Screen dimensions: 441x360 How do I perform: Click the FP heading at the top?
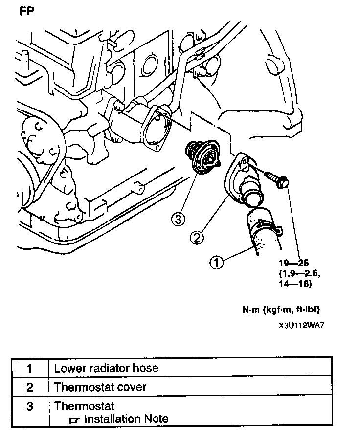coord(27,12)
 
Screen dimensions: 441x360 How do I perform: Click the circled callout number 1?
coord(217,263)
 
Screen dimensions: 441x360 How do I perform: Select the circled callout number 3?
coord(178,219)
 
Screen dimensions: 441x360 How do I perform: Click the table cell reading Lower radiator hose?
coord(106,368)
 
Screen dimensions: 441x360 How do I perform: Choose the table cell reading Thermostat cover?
coord(100,387)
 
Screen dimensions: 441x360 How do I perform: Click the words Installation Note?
coord(126,419)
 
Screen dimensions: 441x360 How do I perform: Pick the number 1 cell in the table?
coord(30,368)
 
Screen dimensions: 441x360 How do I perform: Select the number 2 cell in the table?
coord(30,387)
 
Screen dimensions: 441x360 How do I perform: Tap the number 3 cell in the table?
coord(30,406)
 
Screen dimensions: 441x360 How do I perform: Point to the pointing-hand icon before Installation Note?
coord(74,419)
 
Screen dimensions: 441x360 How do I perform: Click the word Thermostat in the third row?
coord(84,406)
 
